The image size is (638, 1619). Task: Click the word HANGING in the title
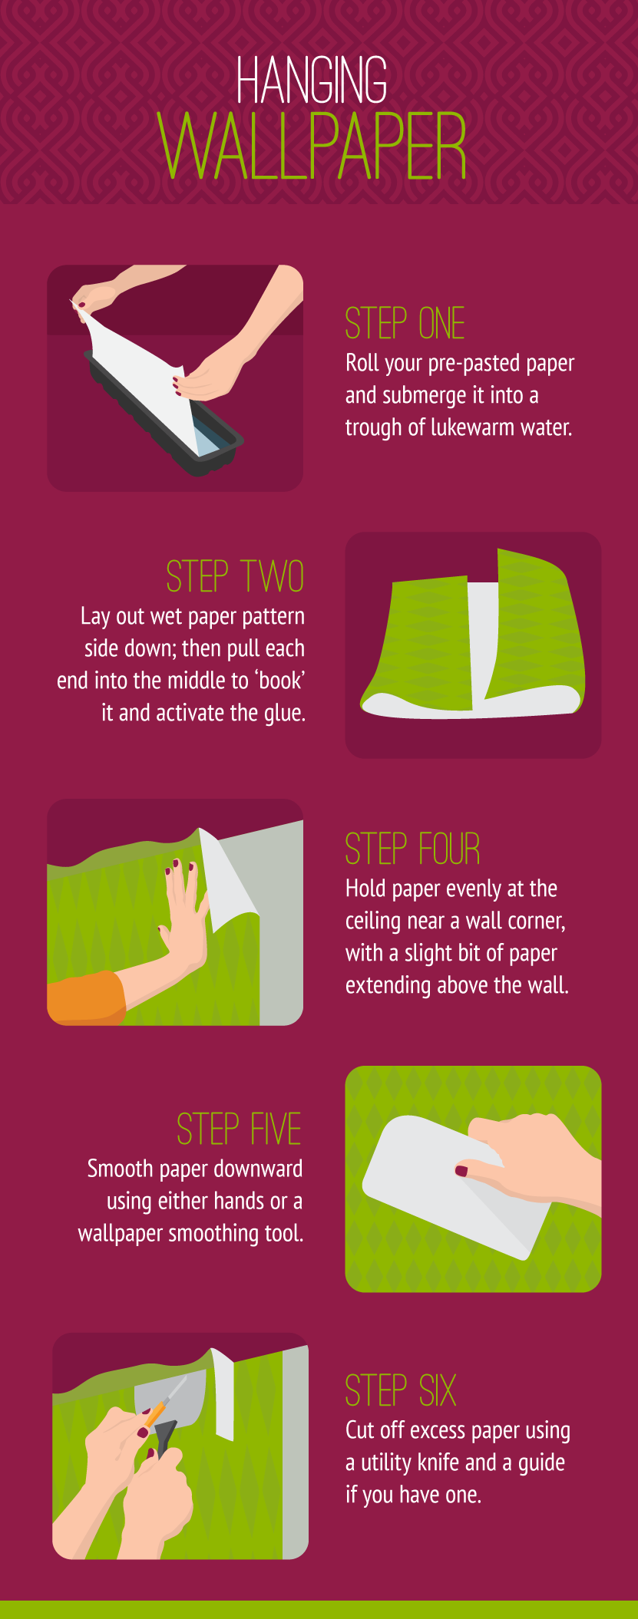[x=311, y=81]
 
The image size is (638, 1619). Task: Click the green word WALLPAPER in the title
[x=312, y=147]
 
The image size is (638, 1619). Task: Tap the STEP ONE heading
[x=405, y=323]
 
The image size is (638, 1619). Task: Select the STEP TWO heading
[x=235, y=576]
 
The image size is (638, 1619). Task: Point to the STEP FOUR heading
[x=412, y=849]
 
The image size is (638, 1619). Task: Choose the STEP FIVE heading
[x=239, y=1129]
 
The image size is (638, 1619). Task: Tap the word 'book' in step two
[x=280, y=681]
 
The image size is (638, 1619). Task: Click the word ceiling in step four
[x=376, y=921]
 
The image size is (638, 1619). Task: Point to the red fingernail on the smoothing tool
[x=461, y=1170]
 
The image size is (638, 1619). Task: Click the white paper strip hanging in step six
[x=224, y=1396]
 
